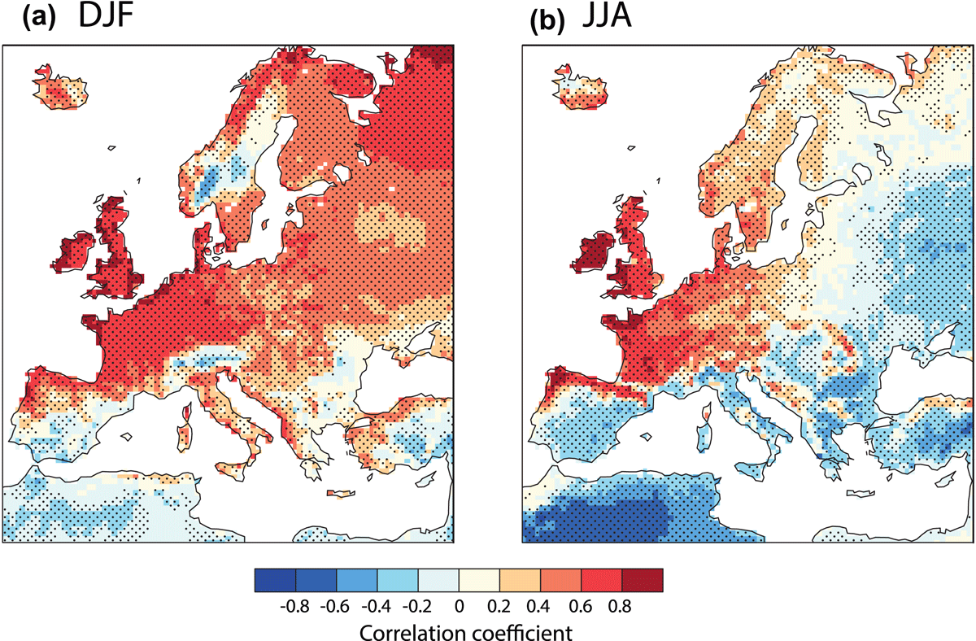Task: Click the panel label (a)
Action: point(39,19)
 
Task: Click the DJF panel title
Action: point(106,15)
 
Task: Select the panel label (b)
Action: point(547,20)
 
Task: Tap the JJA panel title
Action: point(607,15)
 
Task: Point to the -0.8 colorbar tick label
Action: point(294,606)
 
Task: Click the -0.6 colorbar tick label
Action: point(334,606)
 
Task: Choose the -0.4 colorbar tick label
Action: point(376,606)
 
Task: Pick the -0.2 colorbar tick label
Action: point(417,606)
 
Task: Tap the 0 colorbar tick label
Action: point(460,606)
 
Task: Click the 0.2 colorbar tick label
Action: point(499,606)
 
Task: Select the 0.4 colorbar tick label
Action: point(538,606)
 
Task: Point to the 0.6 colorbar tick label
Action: point(581,606)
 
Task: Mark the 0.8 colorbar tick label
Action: point(620,606)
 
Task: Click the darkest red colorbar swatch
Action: point(643,580)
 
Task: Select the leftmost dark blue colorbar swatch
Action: point(276,580)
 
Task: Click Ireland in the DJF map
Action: point(72,254)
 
